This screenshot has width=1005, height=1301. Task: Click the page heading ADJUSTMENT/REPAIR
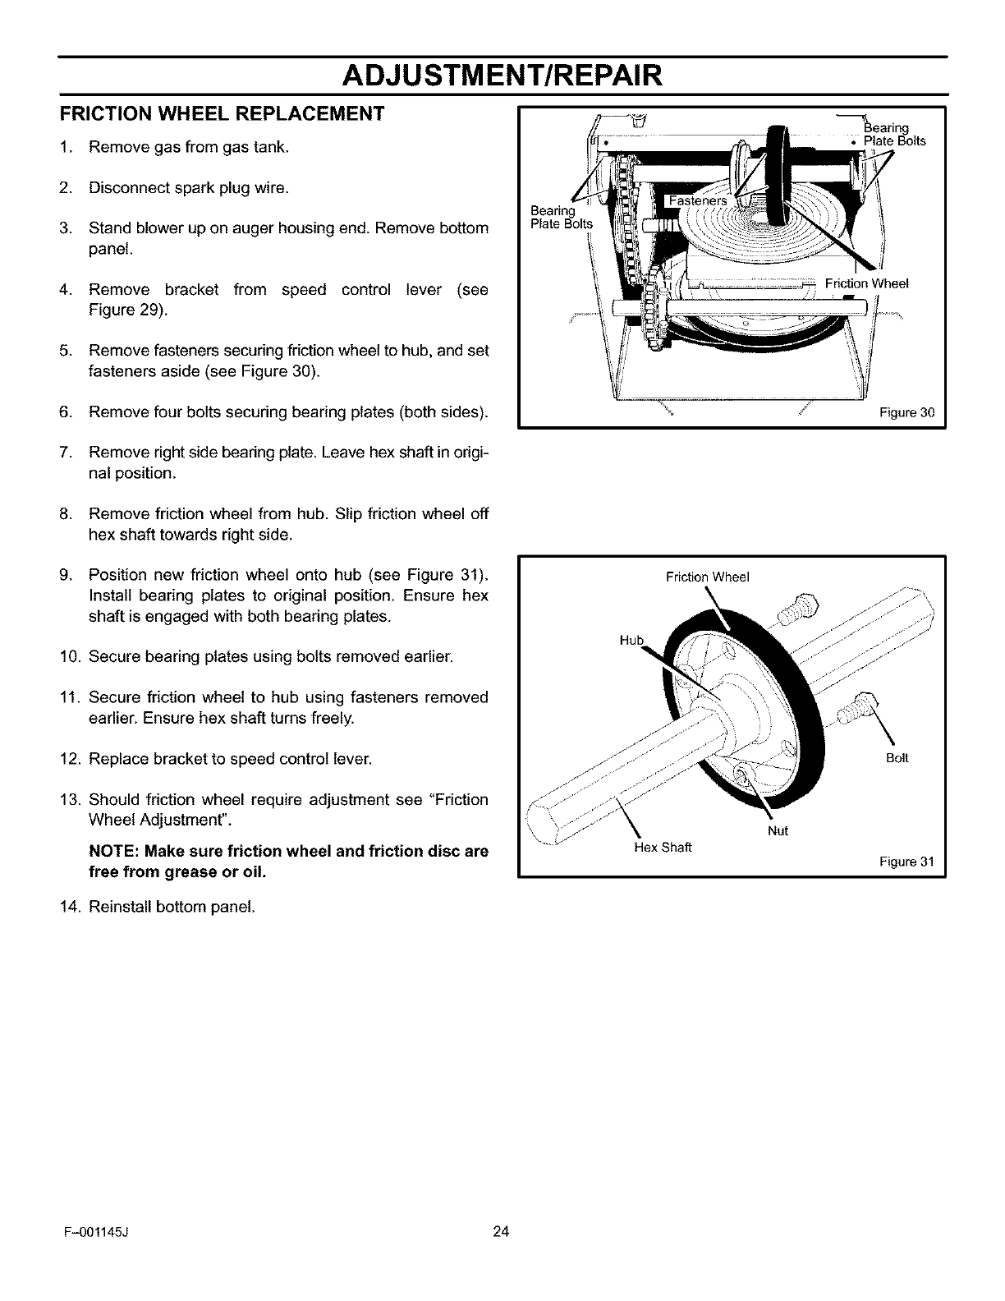(x=502, y=76)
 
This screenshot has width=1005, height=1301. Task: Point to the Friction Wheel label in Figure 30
(x=866, y=284)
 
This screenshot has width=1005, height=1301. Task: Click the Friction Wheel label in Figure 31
(x=708, y=577)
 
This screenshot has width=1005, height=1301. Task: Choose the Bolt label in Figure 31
(x=897, y=758)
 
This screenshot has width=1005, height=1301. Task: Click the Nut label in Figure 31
(x=778, y=830)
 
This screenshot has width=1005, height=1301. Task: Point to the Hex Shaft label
(x=663, y=847)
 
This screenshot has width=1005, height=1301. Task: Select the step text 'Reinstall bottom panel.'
(x=171, y=908)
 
